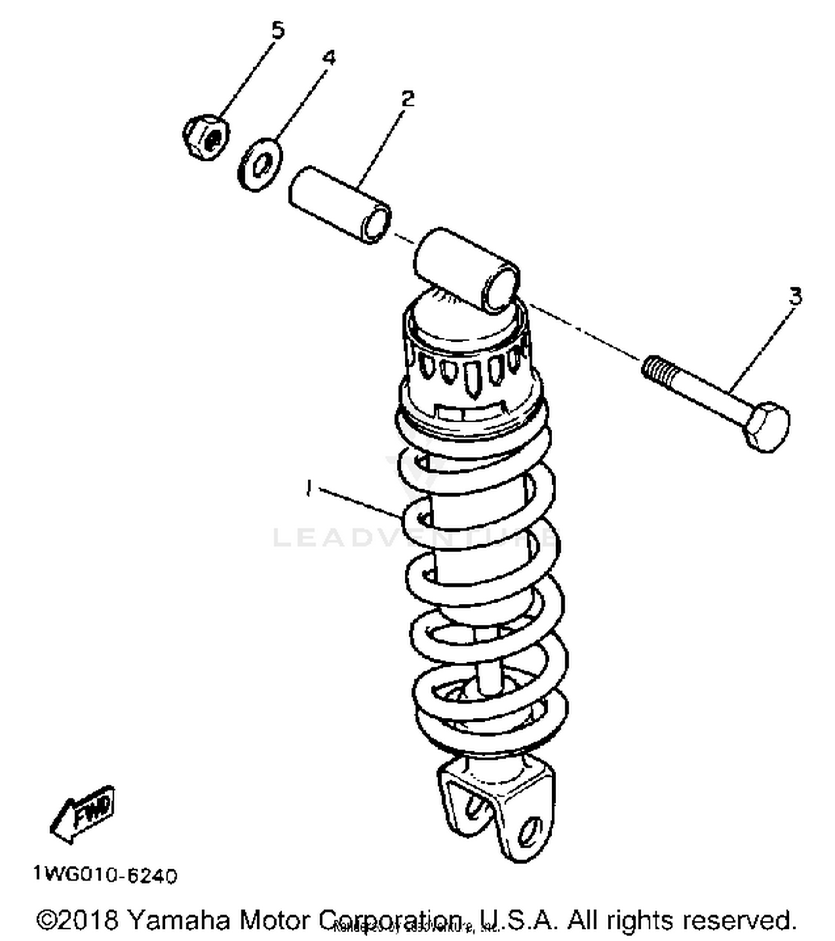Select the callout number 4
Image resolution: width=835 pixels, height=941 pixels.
click(330, 57)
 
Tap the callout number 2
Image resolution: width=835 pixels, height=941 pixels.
click(408, 99)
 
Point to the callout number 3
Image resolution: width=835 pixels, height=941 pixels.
click(795, 296)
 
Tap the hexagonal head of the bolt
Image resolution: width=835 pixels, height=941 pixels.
click(768, 426)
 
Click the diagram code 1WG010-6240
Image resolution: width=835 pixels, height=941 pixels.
click(105, 875)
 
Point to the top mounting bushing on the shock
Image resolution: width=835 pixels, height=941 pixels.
click(466, 269)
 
